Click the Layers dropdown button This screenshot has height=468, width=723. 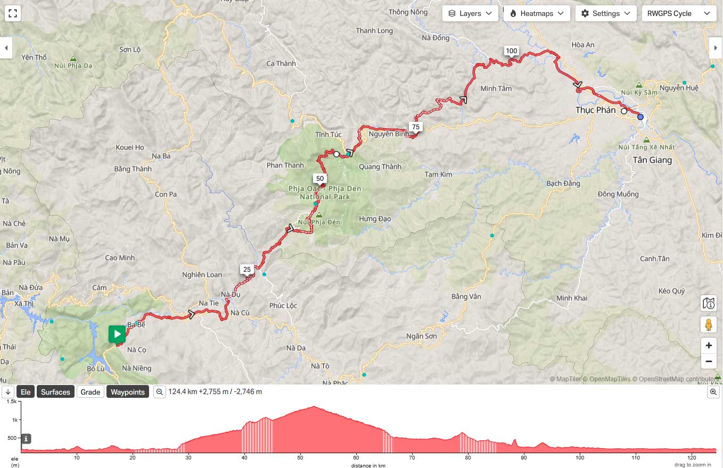click(x=470, y=13)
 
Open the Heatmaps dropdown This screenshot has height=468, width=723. click(x=537, y=13)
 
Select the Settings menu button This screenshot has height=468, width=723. click(x=606, y=13)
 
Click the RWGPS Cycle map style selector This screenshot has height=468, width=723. click(x=679, y=13)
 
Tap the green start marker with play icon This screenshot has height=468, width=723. click(x=117, y=334)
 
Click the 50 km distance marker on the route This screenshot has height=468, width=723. click(x=320, y=179)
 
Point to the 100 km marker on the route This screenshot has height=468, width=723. click(x=511, y=51)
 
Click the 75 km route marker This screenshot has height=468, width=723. click(x=416, y=127)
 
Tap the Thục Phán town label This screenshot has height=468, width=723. click(x=595, y=110)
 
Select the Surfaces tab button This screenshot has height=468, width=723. click(x=55, y=392)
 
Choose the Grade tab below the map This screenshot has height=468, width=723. click(x=90, y=392)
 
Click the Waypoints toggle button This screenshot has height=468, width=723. click(x=128, y=392)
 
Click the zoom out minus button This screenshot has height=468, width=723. click(x=709, y=362)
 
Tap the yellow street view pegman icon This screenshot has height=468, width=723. click(x=709, y=324)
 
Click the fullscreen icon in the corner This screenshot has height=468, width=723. click(x=13, y=13)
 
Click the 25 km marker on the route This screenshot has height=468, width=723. click(x=247, y=270)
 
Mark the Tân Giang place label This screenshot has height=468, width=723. click(x=652, y=160)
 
